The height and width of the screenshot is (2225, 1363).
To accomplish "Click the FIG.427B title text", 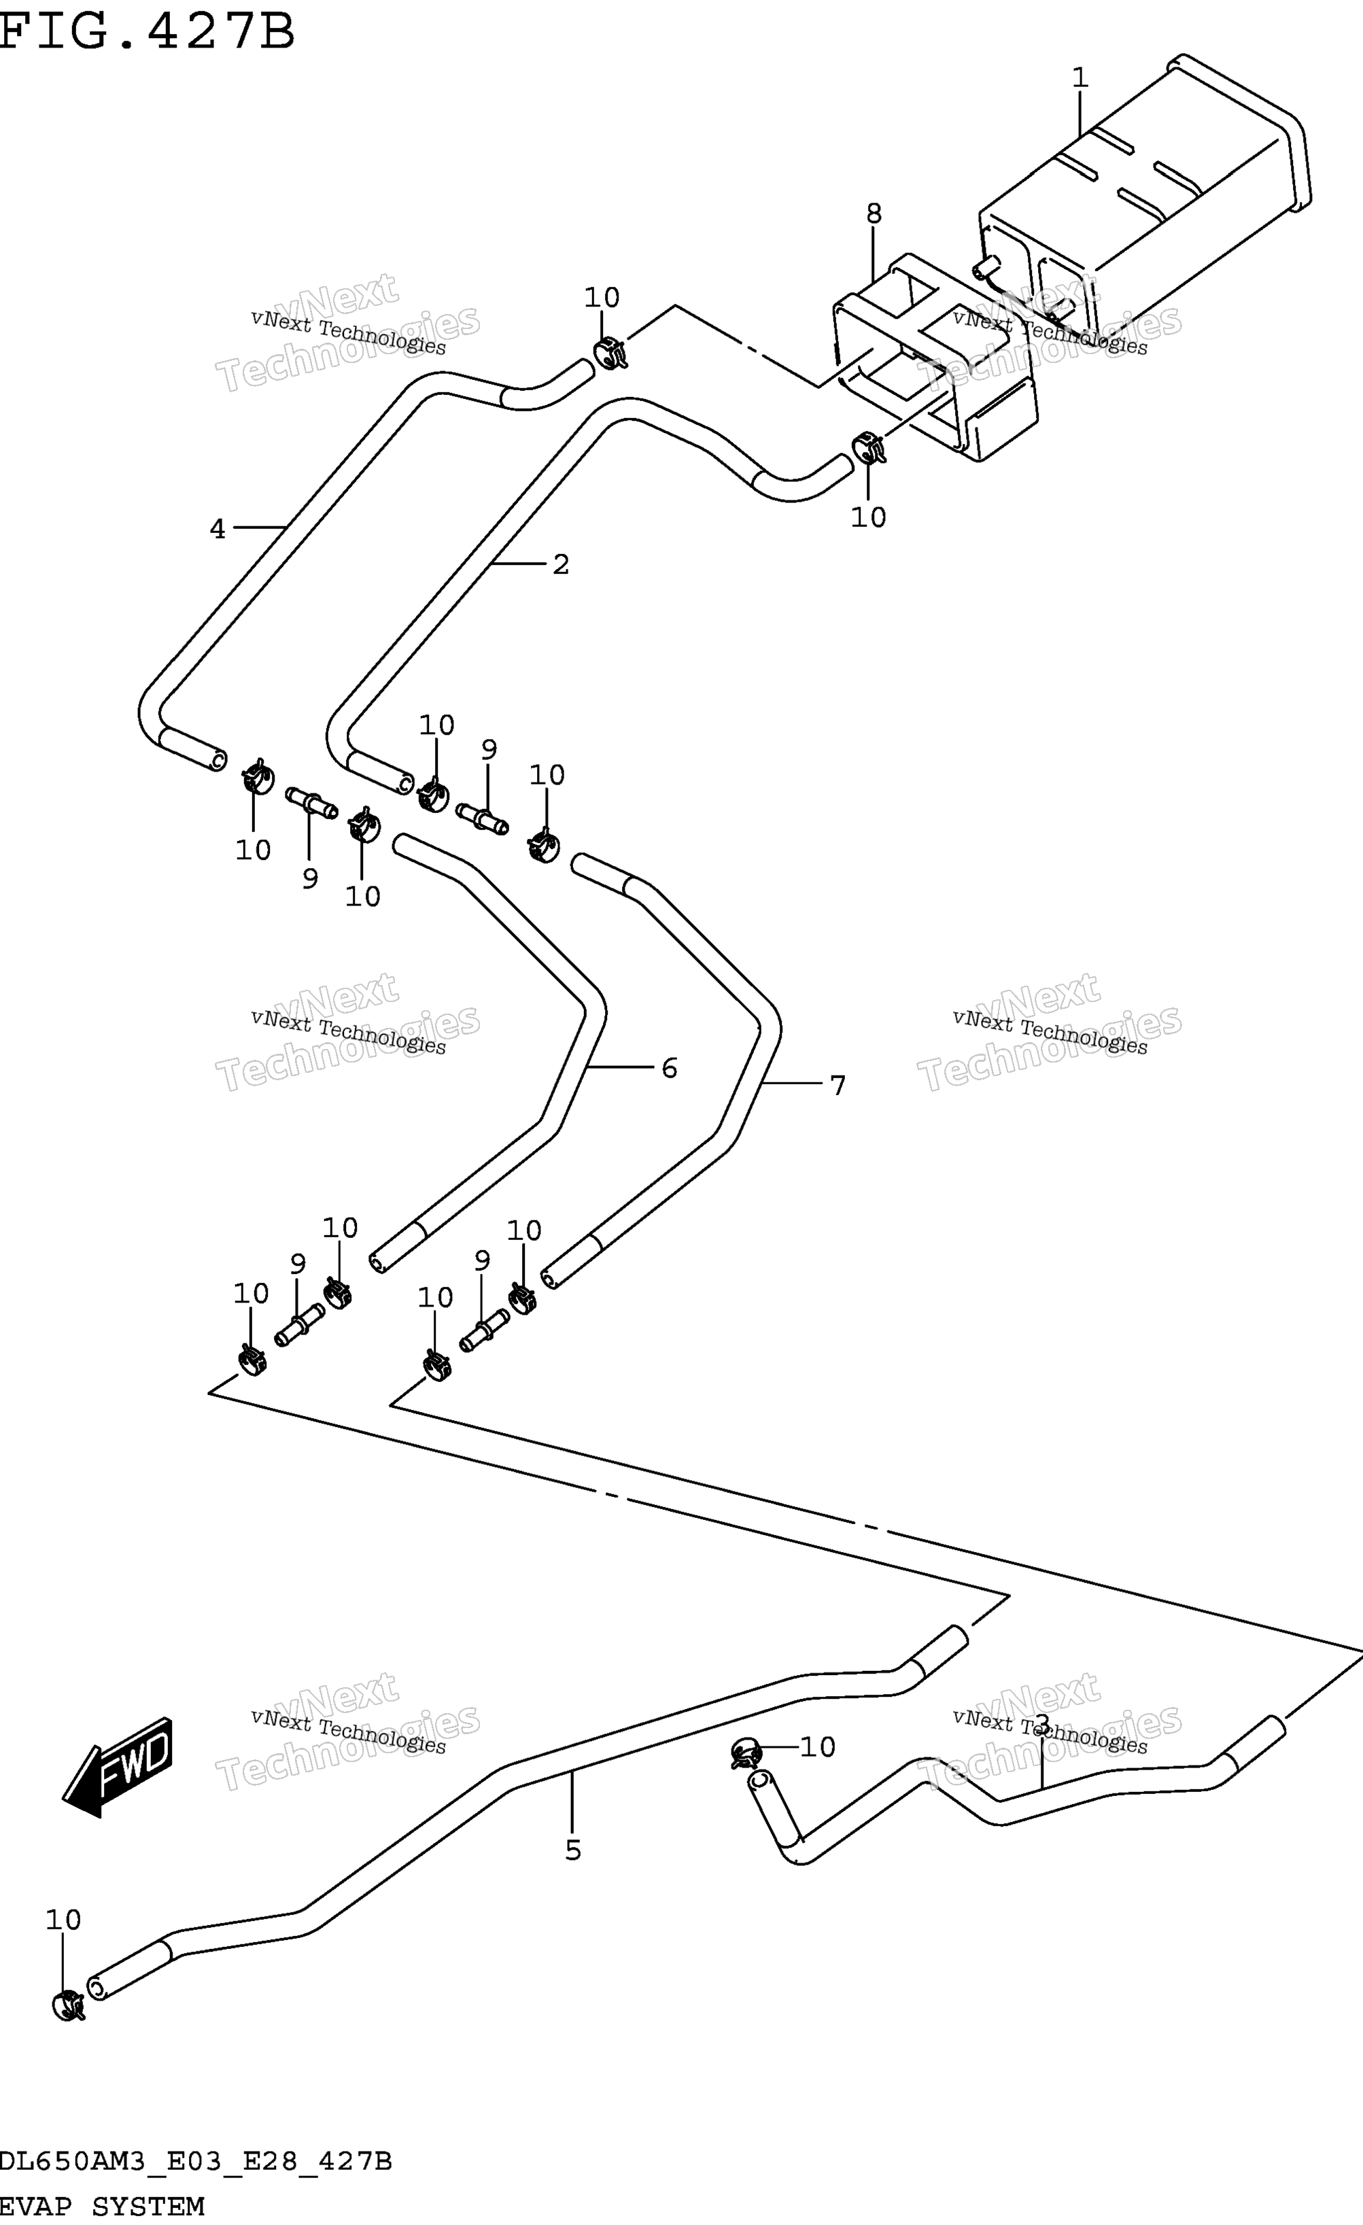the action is tap(148, 31).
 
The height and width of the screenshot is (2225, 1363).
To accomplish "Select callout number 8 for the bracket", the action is tap(874, 214).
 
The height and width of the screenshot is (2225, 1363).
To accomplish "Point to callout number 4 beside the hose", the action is tap(218, 529).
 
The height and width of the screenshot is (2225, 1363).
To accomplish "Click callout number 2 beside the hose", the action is tap(561, 564).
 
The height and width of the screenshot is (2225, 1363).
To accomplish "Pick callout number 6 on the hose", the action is tap(670, 1068).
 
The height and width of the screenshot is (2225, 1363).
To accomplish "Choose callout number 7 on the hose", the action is tap(838, 1086).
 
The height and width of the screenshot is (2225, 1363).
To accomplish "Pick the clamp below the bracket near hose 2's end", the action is tap(868, 447).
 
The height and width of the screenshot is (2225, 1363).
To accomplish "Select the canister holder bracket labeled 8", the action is tap(935, 357).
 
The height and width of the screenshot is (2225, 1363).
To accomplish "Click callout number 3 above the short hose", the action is tap(1041, 1725).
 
